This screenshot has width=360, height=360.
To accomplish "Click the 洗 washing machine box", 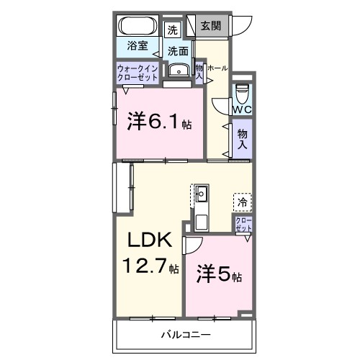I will click(x=172, y=30).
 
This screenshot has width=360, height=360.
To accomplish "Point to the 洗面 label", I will click(x=179, y=51).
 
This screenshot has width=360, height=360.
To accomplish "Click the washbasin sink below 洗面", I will click(x=176, y=70).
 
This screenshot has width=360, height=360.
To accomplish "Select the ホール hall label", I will click(x=217, y=68).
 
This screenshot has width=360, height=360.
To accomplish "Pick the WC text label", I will click(x=243, y=109).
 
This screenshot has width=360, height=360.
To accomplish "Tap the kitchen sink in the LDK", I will click(x=202, y=193).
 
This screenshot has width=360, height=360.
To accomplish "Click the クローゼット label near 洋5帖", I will click(x=243, y=225).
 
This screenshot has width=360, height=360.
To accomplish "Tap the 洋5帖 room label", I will click(x=219, y=275).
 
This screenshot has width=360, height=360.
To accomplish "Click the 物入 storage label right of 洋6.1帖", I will click(x=243, y=138).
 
